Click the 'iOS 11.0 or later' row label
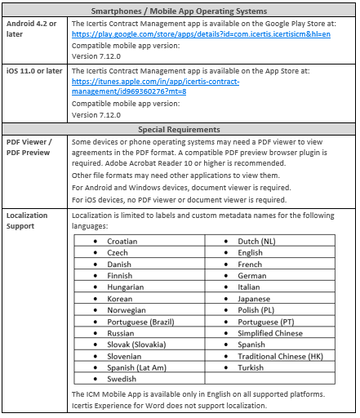(x=33, y=71)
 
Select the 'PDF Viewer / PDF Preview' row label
(x=29, y=146)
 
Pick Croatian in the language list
(x=122, y=242)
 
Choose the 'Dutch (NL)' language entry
(x=257, y=242)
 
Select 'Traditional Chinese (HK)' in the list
(x=280, y=356)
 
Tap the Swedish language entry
(x=122, y=379)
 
